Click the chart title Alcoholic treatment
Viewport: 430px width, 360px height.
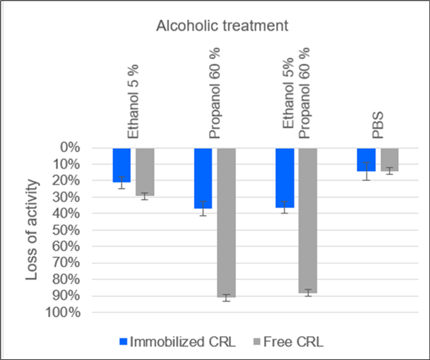[x=223, y=26]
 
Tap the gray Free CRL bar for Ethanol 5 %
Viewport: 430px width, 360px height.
[x=145, y=172]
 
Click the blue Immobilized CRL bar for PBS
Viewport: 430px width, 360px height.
[x=366, y=159]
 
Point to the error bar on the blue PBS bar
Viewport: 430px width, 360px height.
[x=366, y=171]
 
